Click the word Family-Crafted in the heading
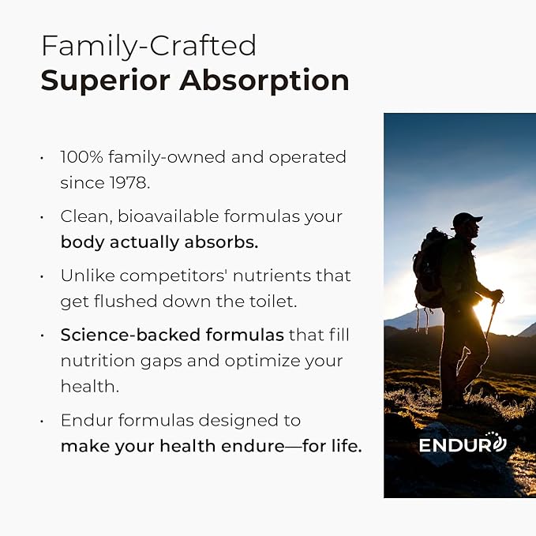click(148, 46)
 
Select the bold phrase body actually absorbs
click(159, 242)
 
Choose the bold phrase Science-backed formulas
click(171, 335)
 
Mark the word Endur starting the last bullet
click(83, 421)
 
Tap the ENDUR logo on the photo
click(462, 444)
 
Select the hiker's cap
click(467, 219)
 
